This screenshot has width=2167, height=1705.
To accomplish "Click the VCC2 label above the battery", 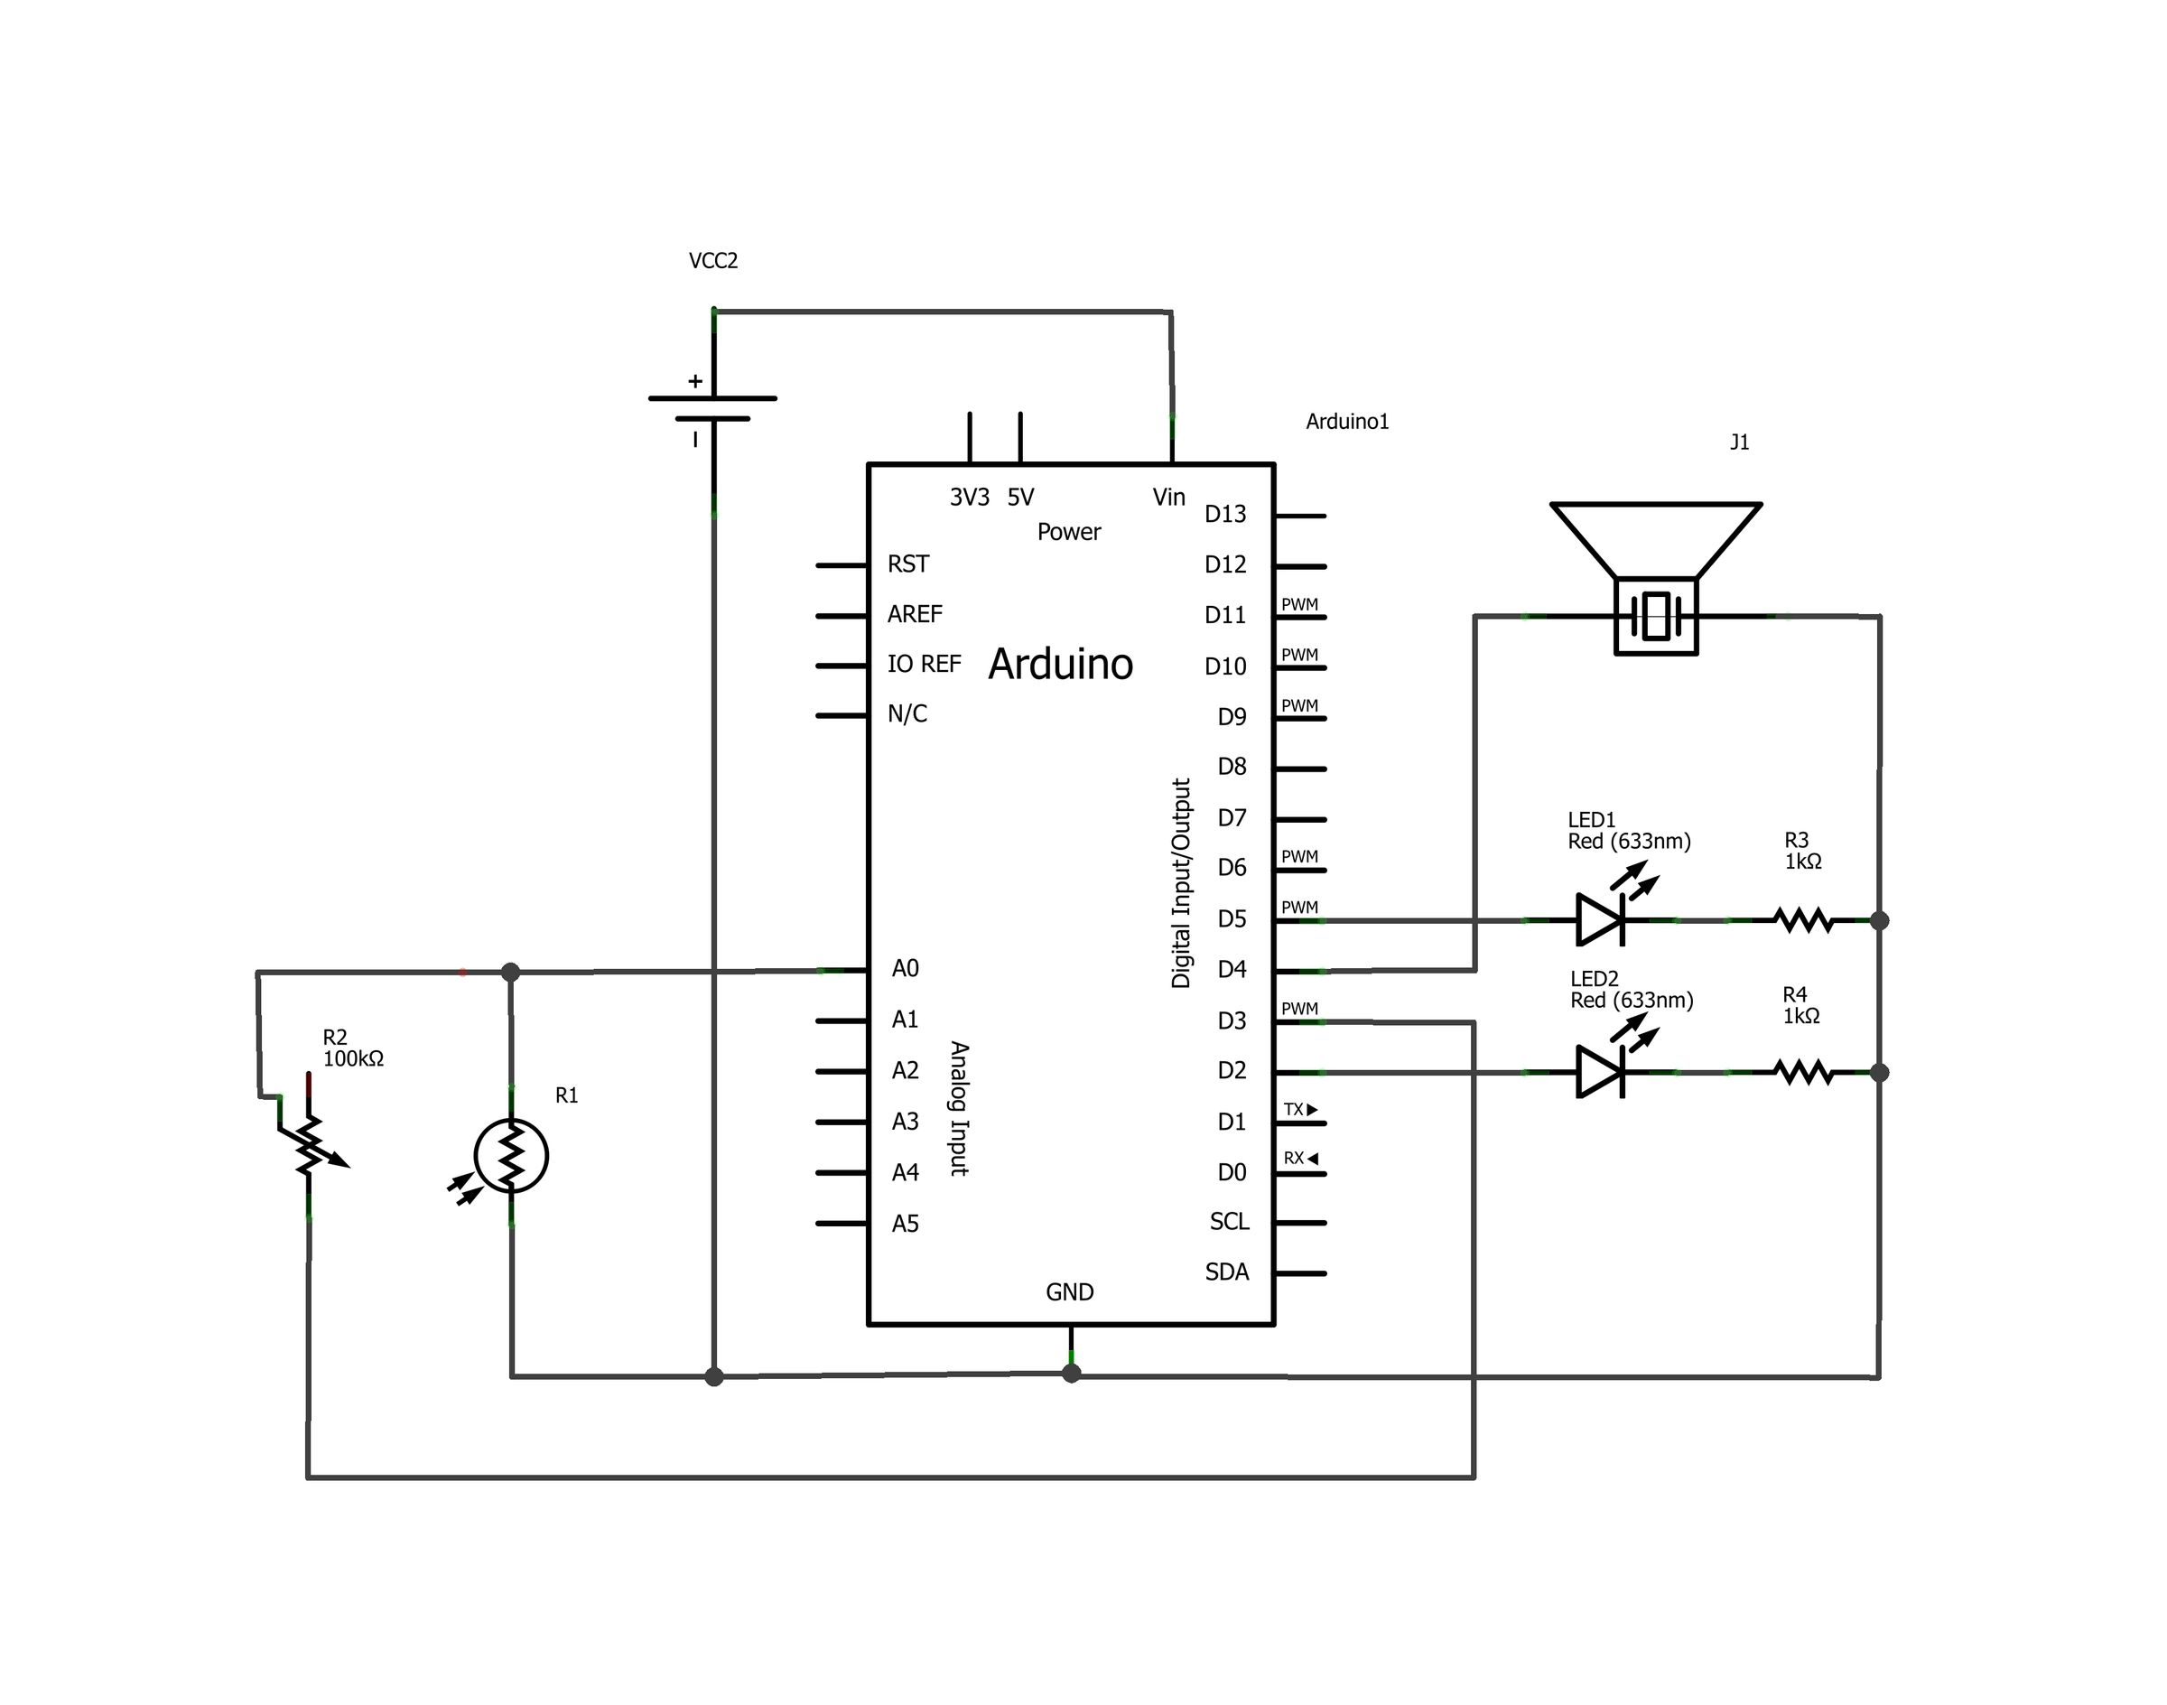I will (x=712, y=261).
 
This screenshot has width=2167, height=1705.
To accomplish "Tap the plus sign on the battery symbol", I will (x=694, y=381).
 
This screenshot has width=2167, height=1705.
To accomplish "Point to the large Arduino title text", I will (x=1060, y=665).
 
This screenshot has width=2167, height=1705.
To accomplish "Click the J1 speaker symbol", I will (x=1656, y=579).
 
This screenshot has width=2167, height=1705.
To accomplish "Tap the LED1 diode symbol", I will (x=1600, y=919).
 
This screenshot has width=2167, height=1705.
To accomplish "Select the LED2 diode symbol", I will (x=1600, y=1072).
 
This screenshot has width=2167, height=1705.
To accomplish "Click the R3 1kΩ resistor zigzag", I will (x=1802, y=919).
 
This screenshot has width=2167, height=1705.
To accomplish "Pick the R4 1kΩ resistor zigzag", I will (x=1802, y=1072).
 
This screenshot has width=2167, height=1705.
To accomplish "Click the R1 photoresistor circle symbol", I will (x=511, y=1156).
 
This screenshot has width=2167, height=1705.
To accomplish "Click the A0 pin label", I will (x=905, y=968).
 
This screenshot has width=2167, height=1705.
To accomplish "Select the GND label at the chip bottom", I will (x=1069, y=1291).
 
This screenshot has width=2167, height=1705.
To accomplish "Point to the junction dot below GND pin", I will (x=1071, y=1374).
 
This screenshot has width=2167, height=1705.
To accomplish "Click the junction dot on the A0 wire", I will (x=510, y=972).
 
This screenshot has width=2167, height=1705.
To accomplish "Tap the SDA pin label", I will (x=1227, y=1272).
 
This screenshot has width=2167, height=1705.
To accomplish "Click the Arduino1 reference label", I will (x=1346, y=421).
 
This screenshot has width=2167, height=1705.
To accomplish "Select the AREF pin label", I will (x=915, y=614).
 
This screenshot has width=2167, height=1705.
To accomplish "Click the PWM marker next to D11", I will (x=1298, y=604).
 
